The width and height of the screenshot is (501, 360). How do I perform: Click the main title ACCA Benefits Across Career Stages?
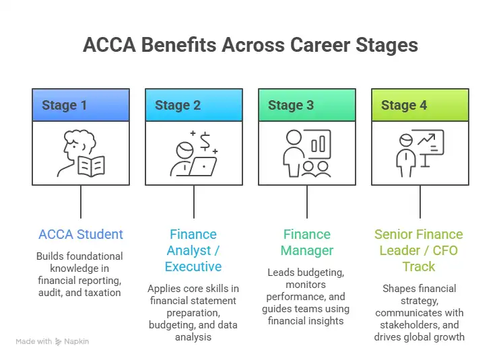coord(250,45)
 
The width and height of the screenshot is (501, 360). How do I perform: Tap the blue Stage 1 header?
coord(65,105)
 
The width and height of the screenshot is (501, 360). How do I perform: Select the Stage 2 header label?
coord(178,105)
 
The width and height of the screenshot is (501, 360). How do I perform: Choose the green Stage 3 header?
coord(291,105)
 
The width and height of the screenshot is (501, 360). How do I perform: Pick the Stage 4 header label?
coord(404,105)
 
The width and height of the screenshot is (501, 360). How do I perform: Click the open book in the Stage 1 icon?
coord(91,165)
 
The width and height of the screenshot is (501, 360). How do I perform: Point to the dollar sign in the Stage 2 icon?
coord(205,141)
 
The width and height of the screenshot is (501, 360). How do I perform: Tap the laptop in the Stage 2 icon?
coord(202,166)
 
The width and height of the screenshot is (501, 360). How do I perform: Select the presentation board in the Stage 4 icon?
coord(427,145)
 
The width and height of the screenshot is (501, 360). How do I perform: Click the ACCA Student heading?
coord(81,234)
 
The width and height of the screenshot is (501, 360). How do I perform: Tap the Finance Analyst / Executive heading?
coord(193,250)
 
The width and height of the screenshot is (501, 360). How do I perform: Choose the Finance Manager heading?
coord(307,242)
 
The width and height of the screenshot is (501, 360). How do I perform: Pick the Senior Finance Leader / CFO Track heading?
coord(419,250)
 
